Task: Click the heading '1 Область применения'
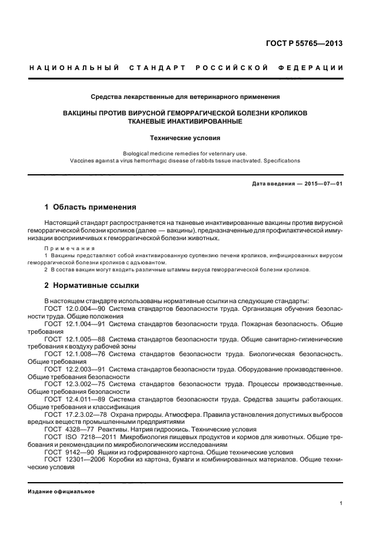coord(91,207)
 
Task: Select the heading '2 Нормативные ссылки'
coord(92,286)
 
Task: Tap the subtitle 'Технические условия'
coord(185,138)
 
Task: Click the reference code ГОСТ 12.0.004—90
coord(75,308)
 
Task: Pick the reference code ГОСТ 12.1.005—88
coord(75,339)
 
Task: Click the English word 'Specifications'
coord(282,160)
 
